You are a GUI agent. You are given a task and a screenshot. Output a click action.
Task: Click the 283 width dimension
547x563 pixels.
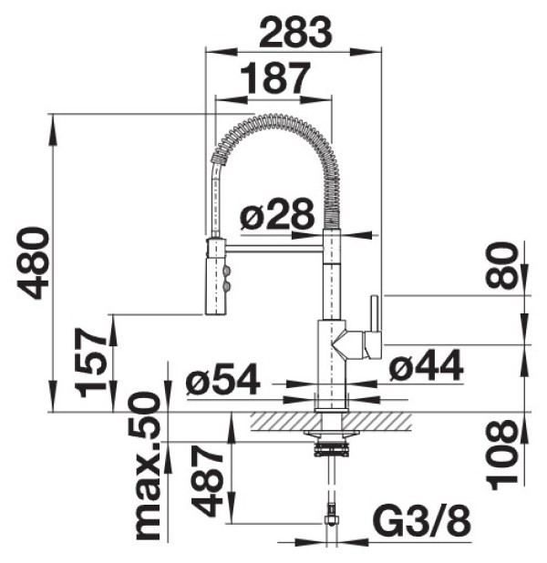click(295, 33)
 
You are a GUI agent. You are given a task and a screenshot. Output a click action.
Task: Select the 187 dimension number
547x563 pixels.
click(274, 78)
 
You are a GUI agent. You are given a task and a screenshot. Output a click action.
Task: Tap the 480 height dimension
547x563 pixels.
click(34, 263)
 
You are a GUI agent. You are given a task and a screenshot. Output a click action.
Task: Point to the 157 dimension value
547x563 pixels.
click(92, 363)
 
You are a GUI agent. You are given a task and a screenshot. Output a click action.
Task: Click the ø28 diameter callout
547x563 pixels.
click(277, 214)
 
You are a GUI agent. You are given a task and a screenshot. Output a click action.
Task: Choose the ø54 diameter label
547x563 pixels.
click(222, 379)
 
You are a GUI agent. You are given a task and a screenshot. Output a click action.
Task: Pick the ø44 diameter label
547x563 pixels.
click(427, 366)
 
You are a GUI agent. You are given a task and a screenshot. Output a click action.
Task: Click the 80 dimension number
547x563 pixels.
click(502, 265)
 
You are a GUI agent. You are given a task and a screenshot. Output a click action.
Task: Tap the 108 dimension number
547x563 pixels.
click(503, 455)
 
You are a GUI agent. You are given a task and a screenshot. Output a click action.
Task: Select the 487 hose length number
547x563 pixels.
click(207, 481)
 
